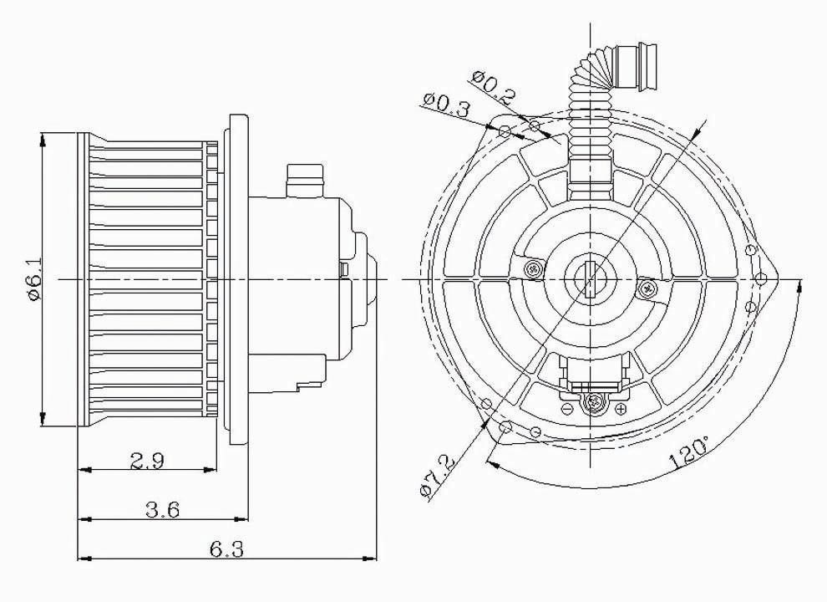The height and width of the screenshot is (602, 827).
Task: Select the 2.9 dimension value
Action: point(147,459)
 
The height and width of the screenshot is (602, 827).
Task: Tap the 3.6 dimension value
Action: point(161,509)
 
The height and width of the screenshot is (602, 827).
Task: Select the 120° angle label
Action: point(688,454)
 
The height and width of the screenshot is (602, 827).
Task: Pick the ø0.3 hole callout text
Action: point(445,106)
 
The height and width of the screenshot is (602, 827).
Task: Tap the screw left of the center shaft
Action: point(533,267)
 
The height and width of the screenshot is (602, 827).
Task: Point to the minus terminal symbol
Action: point(567,407)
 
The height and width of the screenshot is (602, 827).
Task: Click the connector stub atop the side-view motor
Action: point(304,178)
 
